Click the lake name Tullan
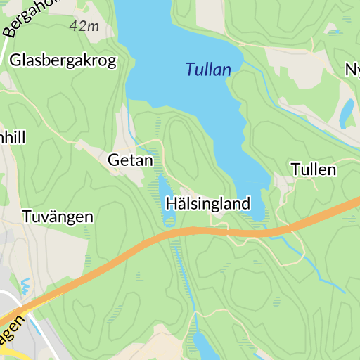point(208,70)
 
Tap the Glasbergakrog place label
point(63,60)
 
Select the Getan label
point(130,160)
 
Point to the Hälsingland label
point(208,204)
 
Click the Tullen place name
point(314,169)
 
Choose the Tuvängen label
point(58,216)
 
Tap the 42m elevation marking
point(84,26)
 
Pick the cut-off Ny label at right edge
point(352,70)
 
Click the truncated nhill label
point(13,136)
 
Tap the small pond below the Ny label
point(347,112)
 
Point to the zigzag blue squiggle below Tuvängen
point(26,285)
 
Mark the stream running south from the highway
point(184,281)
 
